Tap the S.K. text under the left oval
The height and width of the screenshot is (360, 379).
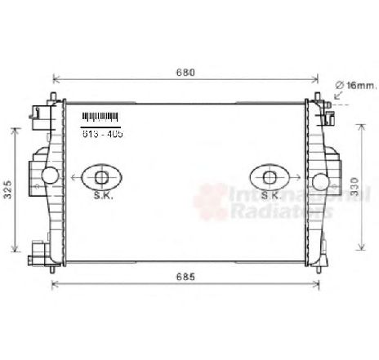(101, 196)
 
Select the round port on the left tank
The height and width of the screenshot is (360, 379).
(51, 174)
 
